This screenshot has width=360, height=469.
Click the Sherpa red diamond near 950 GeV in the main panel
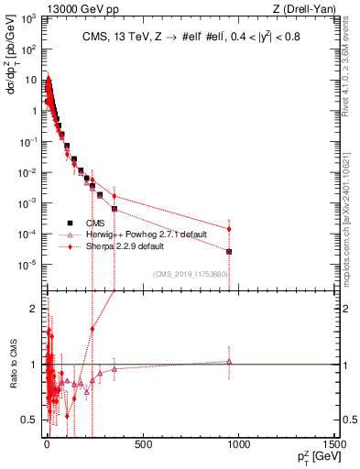229,229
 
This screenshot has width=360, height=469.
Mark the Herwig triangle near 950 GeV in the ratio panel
229,362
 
